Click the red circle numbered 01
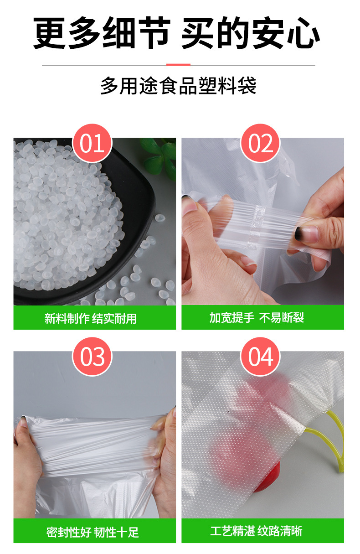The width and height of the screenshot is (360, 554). (93, 143)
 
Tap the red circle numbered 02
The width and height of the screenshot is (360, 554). (260, 143)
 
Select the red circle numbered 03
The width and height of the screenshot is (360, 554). (93, 357)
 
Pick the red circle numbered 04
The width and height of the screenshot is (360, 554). (260, 357)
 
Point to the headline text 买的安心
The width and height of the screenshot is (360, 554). (250, 34)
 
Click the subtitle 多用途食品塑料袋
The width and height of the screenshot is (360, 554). (178, 86)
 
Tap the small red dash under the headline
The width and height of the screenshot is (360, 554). (178, 65)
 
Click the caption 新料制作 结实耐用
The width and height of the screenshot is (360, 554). (91, 318)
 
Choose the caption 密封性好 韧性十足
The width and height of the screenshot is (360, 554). (93, 532)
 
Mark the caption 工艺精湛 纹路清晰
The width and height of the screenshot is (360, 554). (256, 531)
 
